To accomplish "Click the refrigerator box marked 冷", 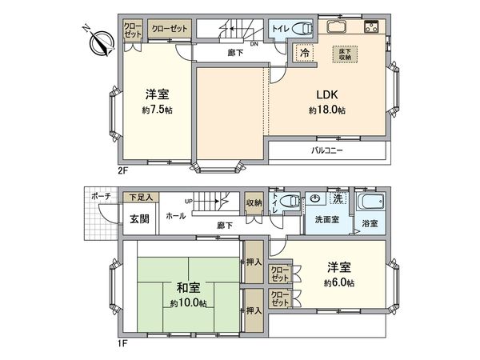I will [306, 53].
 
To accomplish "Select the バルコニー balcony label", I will [326, 150].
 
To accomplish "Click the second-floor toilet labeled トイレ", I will [289, 28].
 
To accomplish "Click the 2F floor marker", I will [122, 170].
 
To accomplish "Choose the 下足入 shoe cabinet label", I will [142, 196].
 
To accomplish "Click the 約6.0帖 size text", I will [340, 283].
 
